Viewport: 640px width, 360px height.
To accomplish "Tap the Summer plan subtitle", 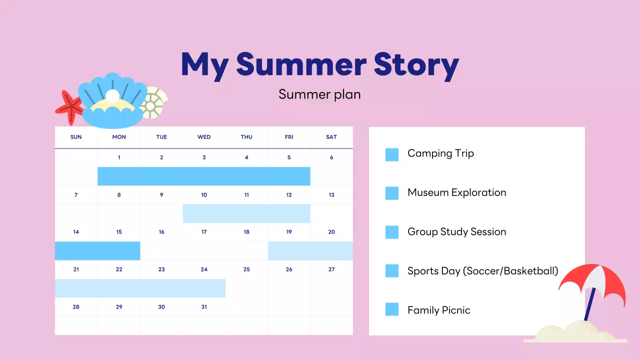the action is [319, 94].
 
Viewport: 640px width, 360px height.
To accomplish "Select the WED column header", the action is [203, 137].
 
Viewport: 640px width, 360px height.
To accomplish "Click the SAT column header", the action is [331, 137].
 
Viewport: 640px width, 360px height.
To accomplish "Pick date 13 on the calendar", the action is [331, 195].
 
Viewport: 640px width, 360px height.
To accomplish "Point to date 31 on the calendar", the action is [203, 307].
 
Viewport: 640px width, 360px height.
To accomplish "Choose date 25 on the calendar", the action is [246, 269].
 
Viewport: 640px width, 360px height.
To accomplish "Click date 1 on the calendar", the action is [119, 157].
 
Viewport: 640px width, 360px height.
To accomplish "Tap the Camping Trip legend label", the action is [440, 153].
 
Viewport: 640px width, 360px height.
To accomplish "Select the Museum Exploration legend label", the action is [456, 192].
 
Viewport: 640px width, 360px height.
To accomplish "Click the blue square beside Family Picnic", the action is [391, 309].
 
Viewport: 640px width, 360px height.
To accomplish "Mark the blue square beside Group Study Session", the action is [391, 232].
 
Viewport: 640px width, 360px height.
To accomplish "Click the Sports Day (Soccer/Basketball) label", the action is [482, 271].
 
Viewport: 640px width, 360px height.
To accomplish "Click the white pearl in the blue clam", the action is [112, 96].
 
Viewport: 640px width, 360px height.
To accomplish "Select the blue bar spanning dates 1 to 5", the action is [203, 176].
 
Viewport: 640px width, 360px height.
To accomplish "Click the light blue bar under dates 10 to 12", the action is [246, 213].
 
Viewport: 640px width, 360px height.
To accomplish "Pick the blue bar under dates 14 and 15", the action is [97, 251].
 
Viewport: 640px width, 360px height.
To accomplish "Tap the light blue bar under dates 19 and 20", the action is [310, 251].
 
